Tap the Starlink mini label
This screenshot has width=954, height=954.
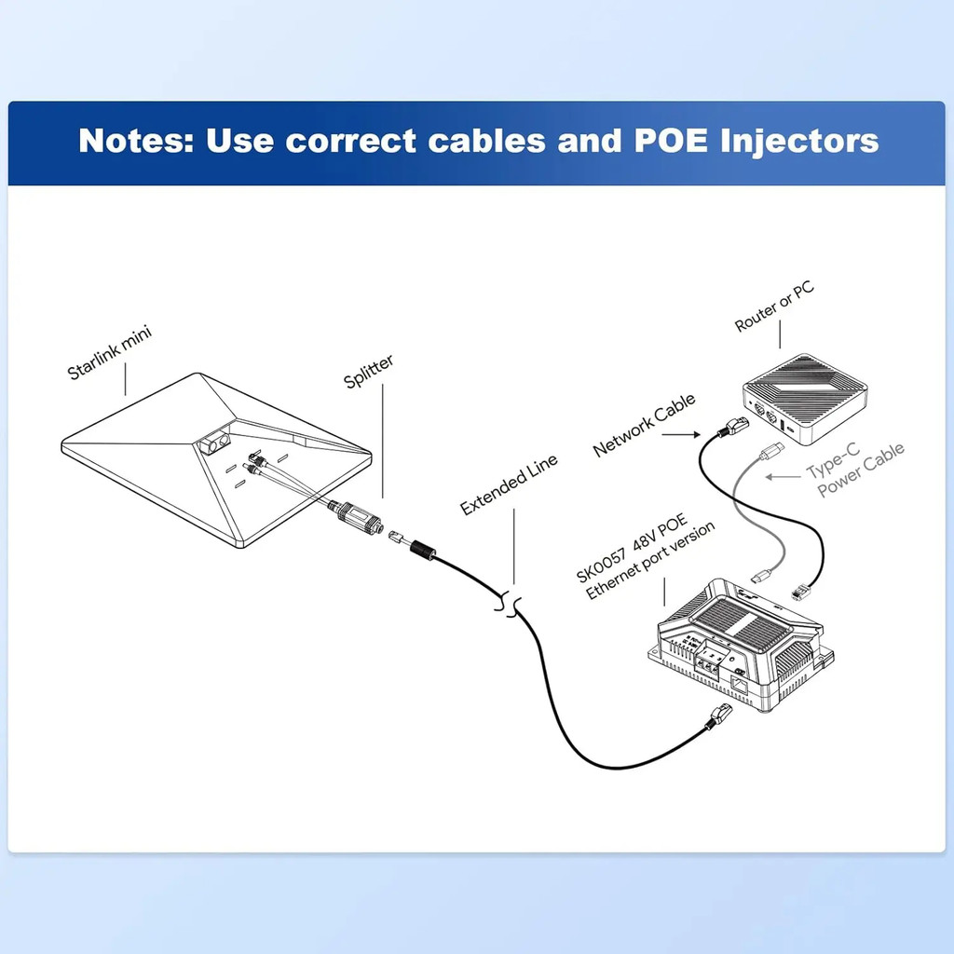[x=110, y=353]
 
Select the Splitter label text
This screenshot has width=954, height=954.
[x=369, y=370]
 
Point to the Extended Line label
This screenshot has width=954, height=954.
[x=510, y=484]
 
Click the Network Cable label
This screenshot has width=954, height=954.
[x=644, y=426]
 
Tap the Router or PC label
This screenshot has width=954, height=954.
[x=774, y=307]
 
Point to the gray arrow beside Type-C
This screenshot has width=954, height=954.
[x=783, y=477]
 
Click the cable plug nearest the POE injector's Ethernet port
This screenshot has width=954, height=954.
[x=720, y=715]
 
